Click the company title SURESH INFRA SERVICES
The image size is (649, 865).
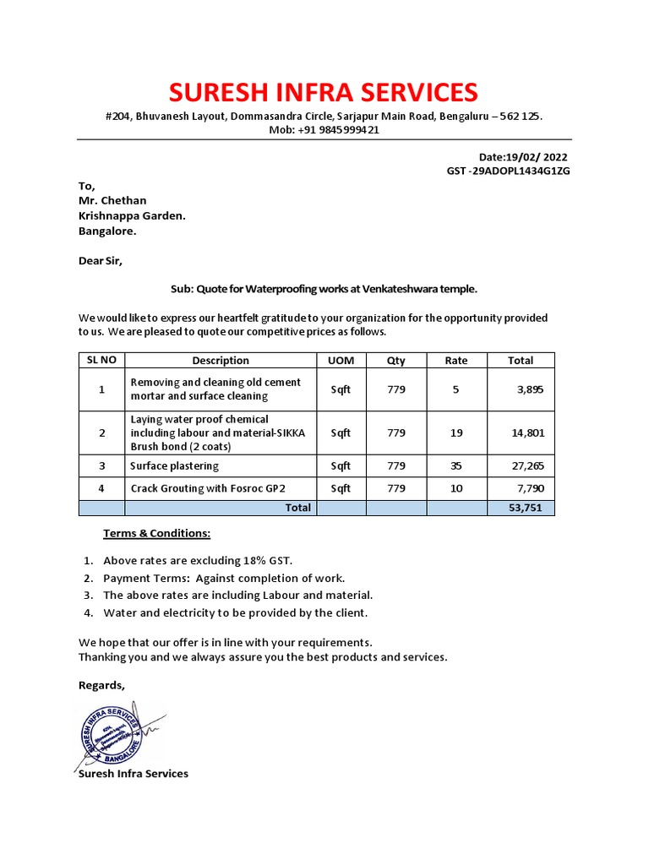(x=323, y=91)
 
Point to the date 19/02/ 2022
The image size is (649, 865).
(x=536, y=157)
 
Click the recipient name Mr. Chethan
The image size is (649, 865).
(x=112, y=200)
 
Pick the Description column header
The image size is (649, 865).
(x=221, y=361)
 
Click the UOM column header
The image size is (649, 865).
(x=341, y=361)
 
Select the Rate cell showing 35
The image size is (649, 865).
(x=456, y=465)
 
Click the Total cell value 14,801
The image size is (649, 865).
(x=528, y=432)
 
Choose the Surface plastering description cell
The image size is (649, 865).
(x=174, y=465)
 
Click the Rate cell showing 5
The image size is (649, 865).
(x=456, y=389)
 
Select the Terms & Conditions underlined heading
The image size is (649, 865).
(x=156, y=533)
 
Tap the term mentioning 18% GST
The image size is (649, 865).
(x=198, y=560)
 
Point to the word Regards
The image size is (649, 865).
(x=101, y=685)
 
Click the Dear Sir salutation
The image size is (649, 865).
(x=101, y=261)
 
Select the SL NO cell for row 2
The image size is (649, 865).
(x=101, y=432)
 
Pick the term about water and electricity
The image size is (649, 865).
(x=235, y=612)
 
